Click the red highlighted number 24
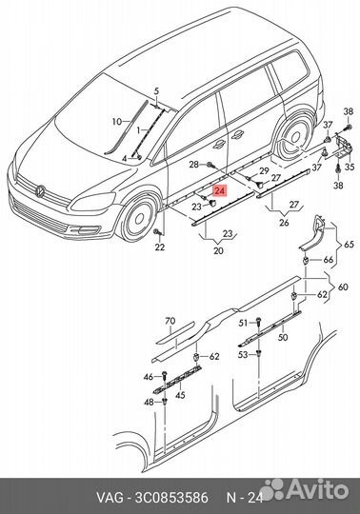pos(220,190)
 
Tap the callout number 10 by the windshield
pos(117,122)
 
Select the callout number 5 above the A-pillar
pos(156,91)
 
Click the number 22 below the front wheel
pos(160,247)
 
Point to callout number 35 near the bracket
pos(350,167)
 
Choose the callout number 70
pos(170,322)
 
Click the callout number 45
pos(180,395)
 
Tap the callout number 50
pos(282,337)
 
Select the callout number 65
pos(349,245)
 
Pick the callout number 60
pos(343,287)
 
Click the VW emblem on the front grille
pos(40,191)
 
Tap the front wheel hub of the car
pos(140,218)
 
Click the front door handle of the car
pos(219,145)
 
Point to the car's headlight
pos(93,201)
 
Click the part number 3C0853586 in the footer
pos(171,498)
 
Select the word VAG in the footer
pos(110,498)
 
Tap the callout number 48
pos(149,402)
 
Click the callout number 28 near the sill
pos(193,165)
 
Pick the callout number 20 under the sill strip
pos(218,250)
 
